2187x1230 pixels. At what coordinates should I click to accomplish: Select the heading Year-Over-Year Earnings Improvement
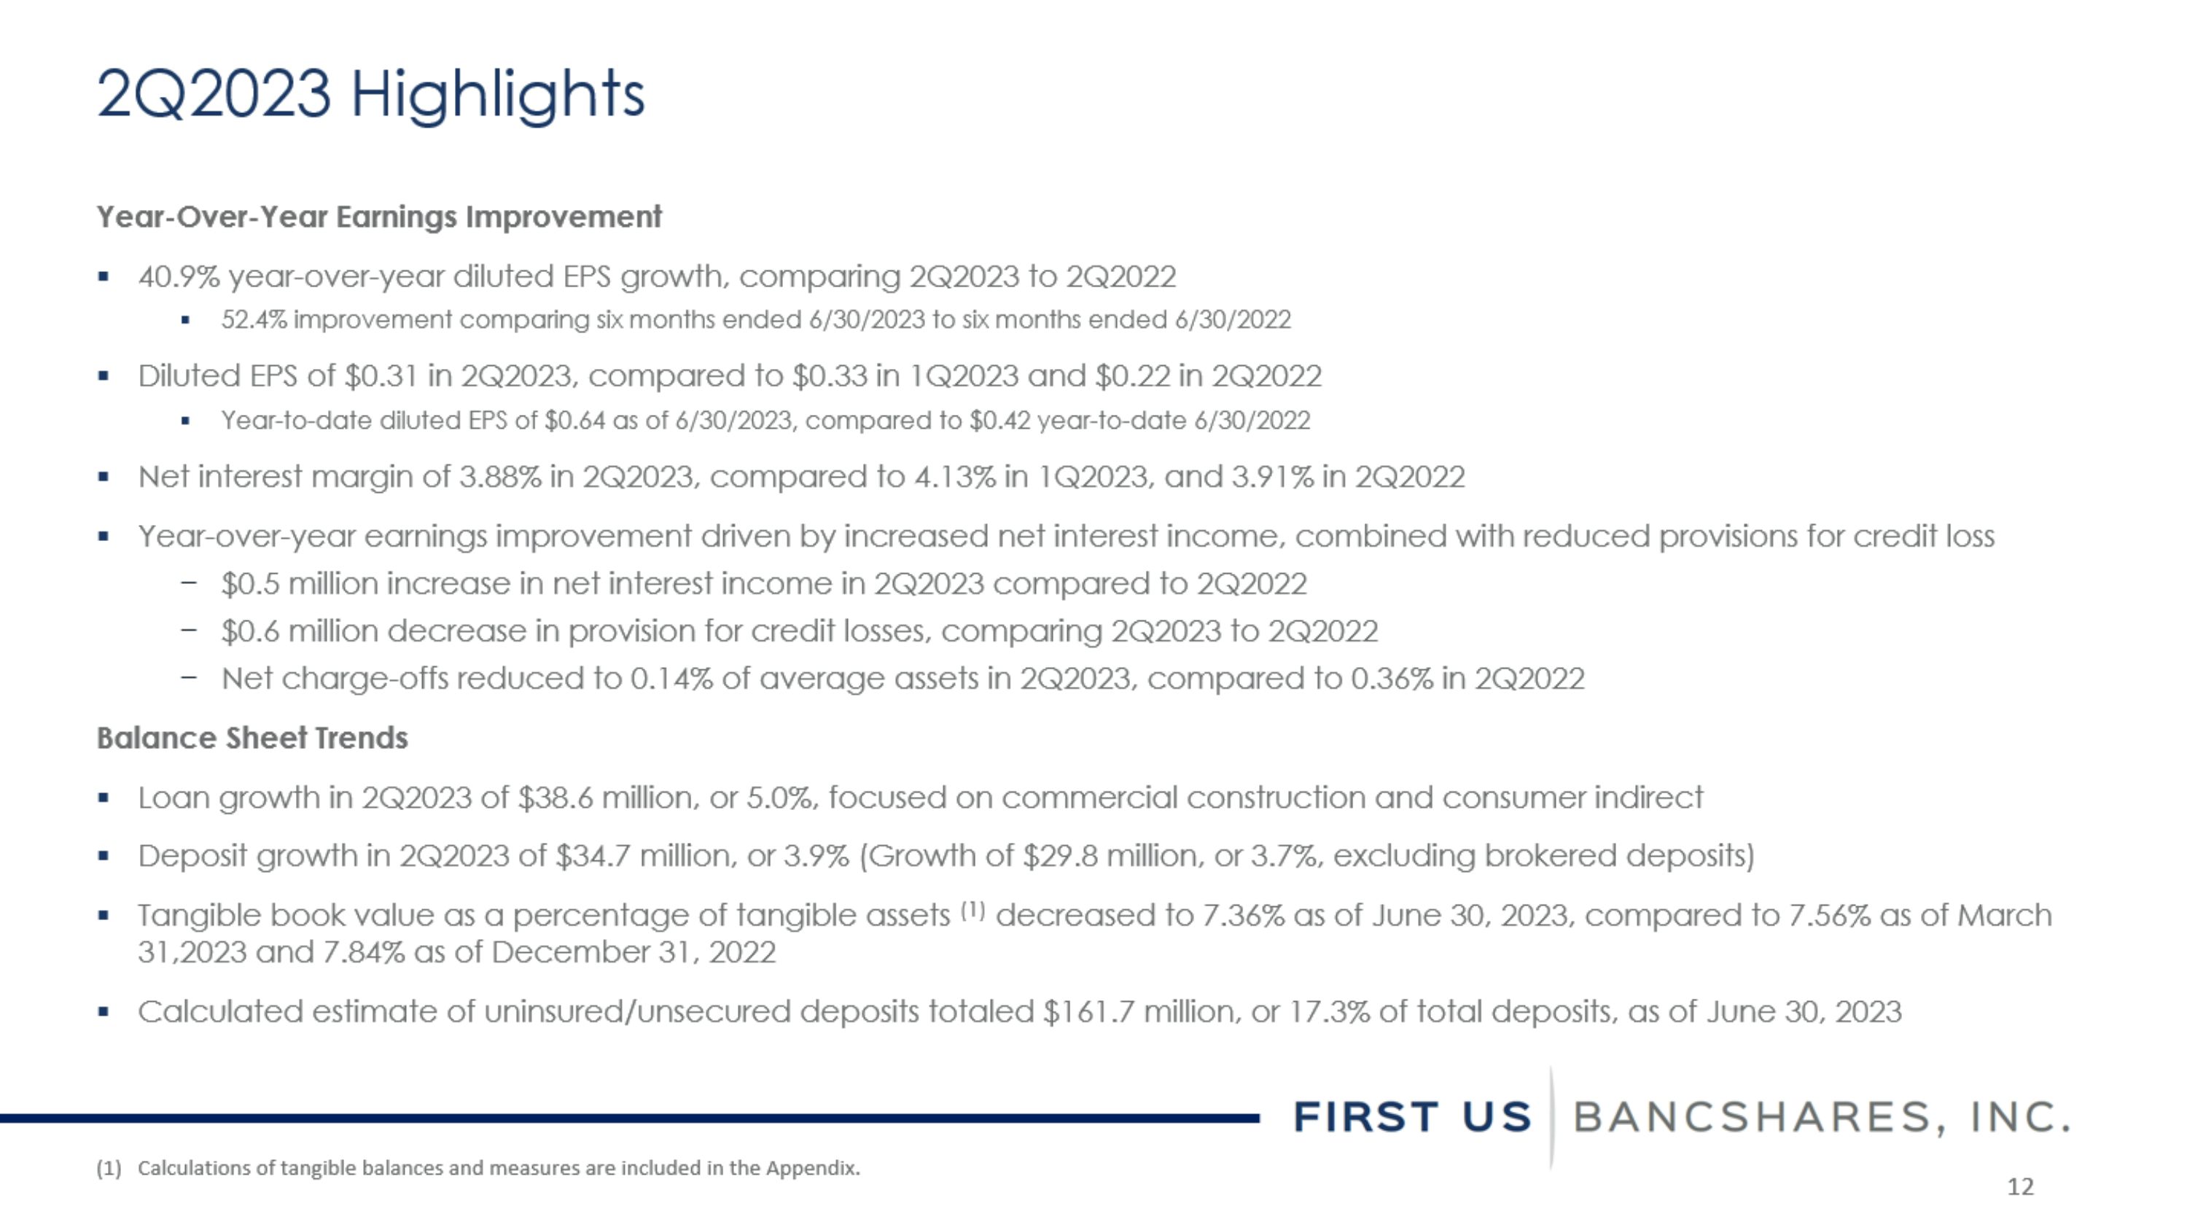tap(378, 217)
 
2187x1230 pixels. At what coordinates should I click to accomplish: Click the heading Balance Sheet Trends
tap(252, 739)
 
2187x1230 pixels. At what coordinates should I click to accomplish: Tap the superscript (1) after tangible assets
tap(972, 911)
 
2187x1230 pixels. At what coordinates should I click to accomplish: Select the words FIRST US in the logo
tap(1412, 1117)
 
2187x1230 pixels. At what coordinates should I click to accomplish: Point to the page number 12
tap(2020, 1187)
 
